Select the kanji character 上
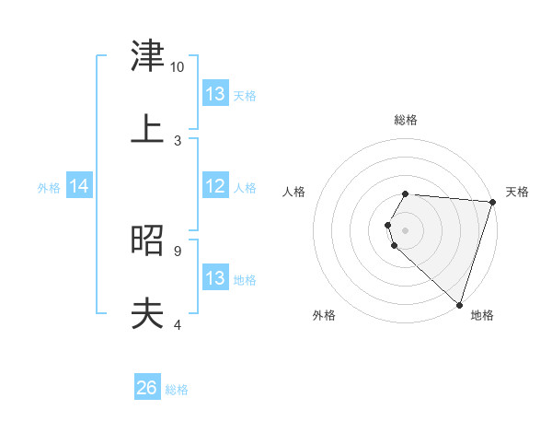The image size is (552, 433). (147, 130)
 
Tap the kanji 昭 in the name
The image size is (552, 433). (147, 241)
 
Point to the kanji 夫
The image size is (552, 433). (147, 314)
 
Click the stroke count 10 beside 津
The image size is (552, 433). (177, 67)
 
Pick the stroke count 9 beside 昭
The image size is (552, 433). (177, 251)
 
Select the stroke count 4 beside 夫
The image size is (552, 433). (177, 324)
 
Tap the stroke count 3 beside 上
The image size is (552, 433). (177, 141)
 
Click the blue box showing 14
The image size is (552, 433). (79, 187)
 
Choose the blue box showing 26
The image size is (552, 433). (147, 389)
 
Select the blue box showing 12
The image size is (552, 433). (215, 187)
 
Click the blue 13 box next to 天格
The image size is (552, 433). (215, 94)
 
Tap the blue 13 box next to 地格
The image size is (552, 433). (215, 278)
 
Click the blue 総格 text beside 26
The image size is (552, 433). (177, 390)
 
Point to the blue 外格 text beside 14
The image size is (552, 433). (49, 188)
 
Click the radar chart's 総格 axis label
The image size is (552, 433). (406, 120)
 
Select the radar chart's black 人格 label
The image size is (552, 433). (294, 192)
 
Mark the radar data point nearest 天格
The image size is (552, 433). (492, 203)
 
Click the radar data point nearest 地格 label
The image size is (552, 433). (459, 304)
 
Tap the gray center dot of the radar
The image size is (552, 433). (406, 229)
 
